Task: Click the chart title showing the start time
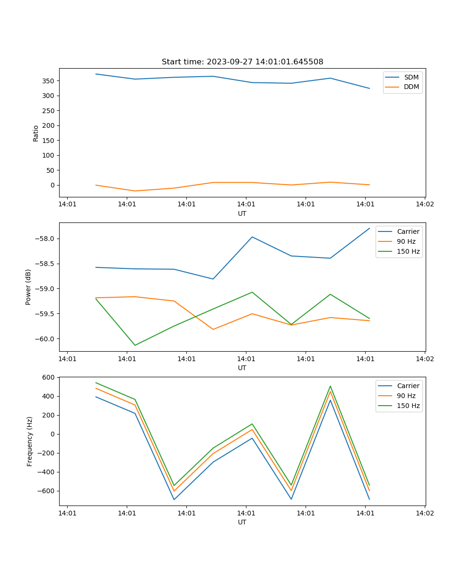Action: coord(242,62)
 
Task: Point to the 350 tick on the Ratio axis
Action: coord(49,81)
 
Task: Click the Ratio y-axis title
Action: coord(36,133)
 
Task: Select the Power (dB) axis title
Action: coord(29,287)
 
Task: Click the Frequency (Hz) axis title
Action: coord(30,441)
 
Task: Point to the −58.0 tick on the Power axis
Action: coord(45,239)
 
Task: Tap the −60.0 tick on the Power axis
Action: coord(45,339)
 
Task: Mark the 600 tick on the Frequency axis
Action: coord(49,377)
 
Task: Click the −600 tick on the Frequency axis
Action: coord(47,491)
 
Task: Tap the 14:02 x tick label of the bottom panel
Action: coord(425,513)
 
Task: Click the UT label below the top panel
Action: coord(242,213)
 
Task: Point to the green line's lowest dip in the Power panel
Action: coord(135,345)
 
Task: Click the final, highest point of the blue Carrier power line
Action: coord(369,228)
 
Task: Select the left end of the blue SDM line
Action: coord(96,74)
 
